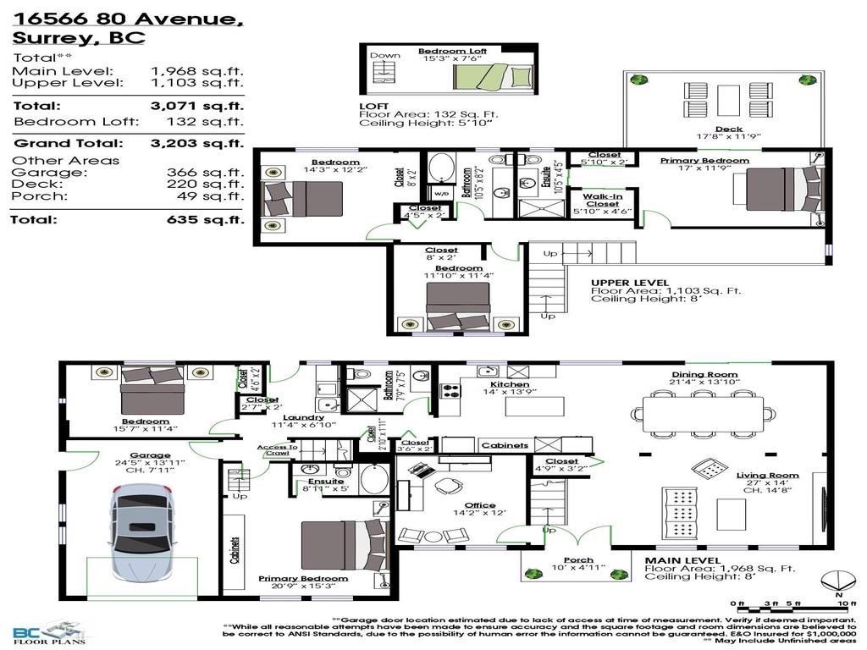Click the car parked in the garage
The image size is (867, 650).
[x=141, y=532]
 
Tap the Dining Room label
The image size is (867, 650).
[x=704, y=374]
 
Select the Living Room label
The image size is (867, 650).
[x=767, y=475]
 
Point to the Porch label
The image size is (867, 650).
[x=579, y=559]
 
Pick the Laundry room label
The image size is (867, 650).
[x=303, y=417]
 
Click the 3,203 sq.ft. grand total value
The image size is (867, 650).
[x=196, y=143]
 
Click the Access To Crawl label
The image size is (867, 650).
[x=277, y=449]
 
